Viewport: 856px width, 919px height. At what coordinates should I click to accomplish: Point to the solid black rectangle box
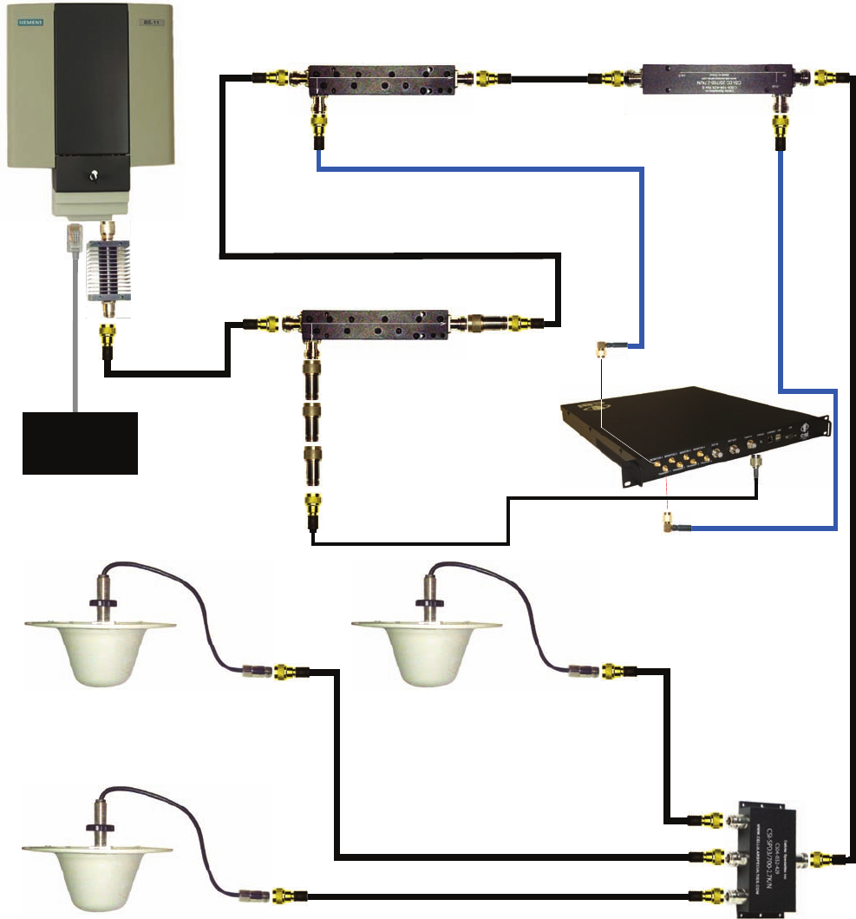(80, 443)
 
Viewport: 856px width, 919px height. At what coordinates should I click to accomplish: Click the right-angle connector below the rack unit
(669, 521)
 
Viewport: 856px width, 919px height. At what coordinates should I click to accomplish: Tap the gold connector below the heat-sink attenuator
(109, 333)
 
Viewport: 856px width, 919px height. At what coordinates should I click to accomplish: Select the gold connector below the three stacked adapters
(311, 506)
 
